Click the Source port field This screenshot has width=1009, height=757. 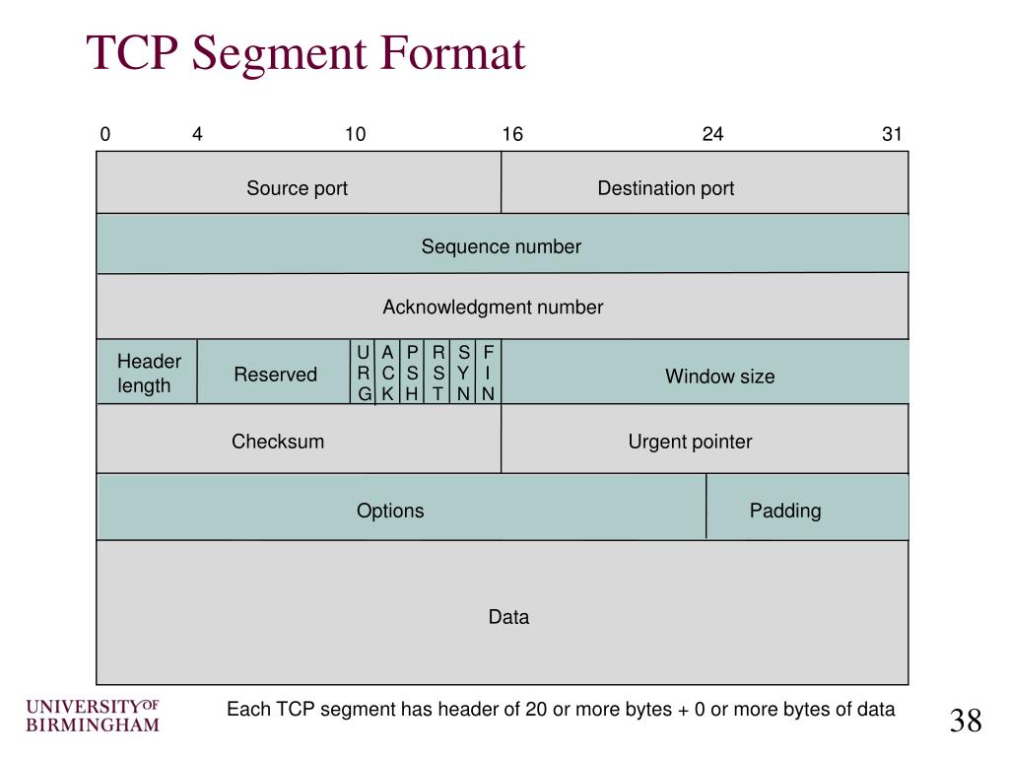[x=298, y=188]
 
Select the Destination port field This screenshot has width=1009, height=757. [x=666, y=188]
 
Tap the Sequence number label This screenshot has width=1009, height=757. [x=502, y=246]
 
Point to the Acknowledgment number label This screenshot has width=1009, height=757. [x=493, y=307]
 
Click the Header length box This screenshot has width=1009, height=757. [x=148, y=374]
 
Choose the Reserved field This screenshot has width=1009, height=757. [x=275, y=375]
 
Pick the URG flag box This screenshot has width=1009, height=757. [x=364, y=374]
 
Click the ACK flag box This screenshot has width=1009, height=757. [x=388, y=374]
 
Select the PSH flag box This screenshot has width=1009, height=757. [x=413, y=374]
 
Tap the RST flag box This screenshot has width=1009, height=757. [x=438, y=374]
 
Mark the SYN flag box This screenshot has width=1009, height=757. [x=463, y=374]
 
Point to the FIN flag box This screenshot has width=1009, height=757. [x=488, y=374]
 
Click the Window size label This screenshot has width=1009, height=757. [x=719, y=377]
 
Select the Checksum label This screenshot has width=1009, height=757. [x=278, y=442]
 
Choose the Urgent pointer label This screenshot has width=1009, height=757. [x=690, y=442]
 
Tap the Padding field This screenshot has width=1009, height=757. [x=785, y=511]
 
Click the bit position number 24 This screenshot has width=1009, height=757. [x=712, y=134]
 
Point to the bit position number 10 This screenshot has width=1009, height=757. [x=355, y=134]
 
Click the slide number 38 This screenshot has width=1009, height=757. [x=966, y=722]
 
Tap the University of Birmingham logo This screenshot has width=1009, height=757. [x=92, y=717]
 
